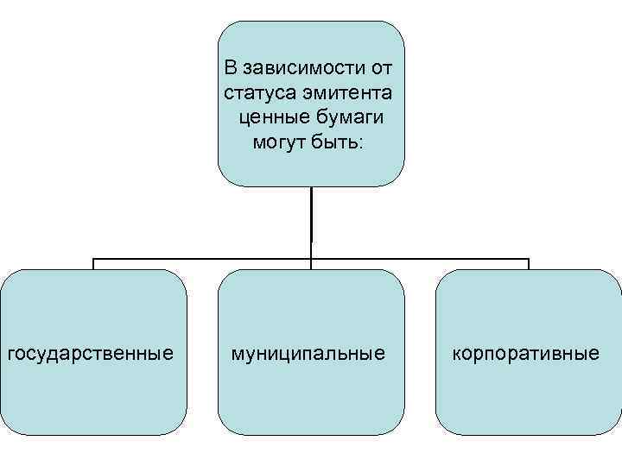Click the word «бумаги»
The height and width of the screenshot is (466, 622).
point(349,116)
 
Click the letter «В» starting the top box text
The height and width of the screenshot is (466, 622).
point(231,66)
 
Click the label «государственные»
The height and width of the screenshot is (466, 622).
point(90,353)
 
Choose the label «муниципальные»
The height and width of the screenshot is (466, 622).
point(308,353)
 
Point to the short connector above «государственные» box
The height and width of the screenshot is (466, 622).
point(93,264)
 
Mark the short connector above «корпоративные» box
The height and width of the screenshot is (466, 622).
point(529,264)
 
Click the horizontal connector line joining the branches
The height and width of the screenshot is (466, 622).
point(199,258)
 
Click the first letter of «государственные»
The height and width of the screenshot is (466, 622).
point(10,354)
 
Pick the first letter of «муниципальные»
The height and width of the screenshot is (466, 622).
point(235,354)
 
